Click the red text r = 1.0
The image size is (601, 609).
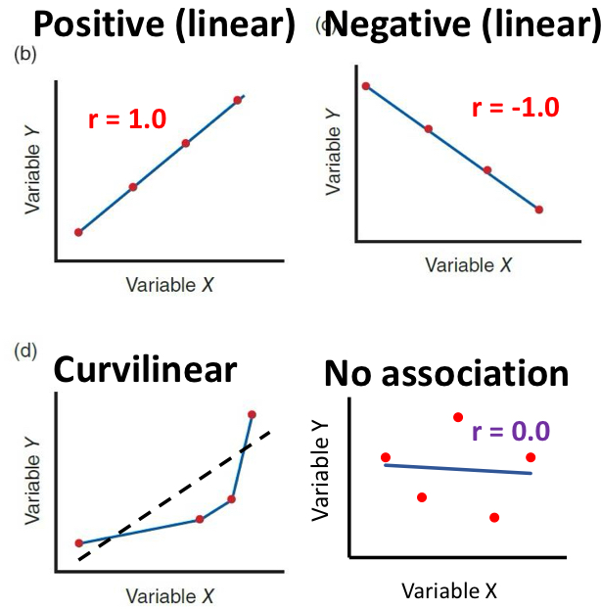[x=127, y=120]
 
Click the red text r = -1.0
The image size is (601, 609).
[x=515, y=107]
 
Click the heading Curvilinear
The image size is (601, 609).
[x=145, y=369]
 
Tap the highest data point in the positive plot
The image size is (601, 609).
[x=238, y=100]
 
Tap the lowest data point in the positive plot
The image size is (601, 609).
[x=79, y=232]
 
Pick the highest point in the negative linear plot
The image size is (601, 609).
[x=366, y=86]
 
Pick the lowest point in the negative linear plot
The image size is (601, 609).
[x=538, y=210]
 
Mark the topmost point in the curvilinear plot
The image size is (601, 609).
[x=253, y=415]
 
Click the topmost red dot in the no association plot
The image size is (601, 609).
[x=457, y=418]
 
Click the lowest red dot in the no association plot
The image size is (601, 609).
[x=494, y=517]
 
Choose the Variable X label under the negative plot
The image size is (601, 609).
[x=468, y=265]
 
